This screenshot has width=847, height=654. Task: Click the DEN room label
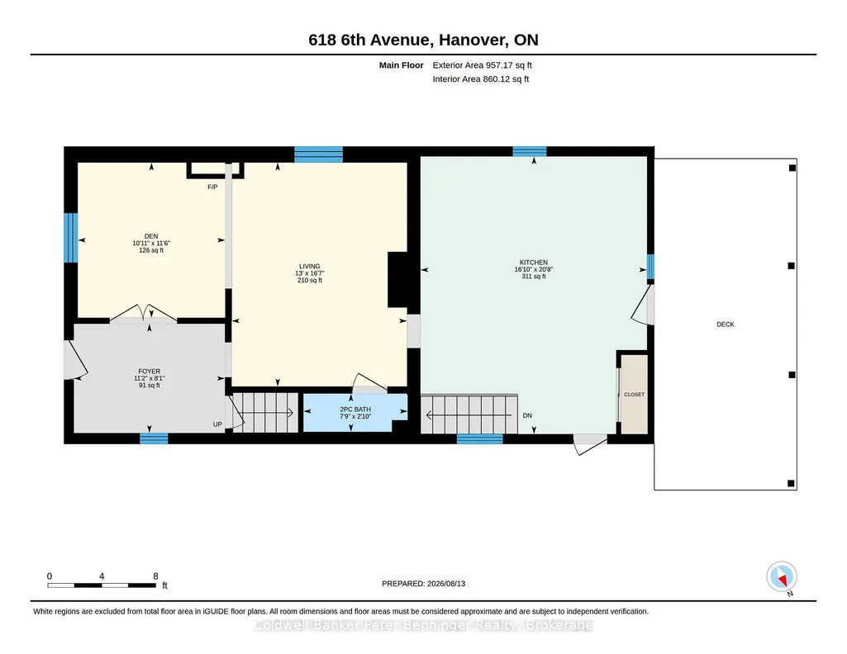151,236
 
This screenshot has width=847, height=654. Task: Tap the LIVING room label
310,267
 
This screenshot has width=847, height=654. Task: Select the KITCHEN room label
534,263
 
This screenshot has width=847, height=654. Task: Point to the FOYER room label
149,372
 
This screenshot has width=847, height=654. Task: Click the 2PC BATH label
355,410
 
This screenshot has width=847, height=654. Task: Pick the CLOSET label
634,395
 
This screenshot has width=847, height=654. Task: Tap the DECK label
726,325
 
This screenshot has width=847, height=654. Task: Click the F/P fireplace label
213,187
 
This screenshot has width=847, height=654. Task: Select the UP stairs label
217,424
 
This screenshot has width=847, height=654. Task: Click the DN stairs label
527,415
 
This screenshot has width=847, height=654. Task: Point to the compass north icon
782,577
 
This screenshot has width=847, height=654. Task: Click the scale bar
102,585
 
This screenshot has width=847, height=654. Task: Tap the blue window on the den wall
71,238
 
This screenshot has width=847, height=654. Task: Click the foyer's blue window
154,438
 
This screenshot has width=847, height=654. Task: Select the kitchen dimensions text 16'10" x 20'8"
534,269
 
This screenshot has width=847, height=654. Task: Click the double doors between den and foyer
144,314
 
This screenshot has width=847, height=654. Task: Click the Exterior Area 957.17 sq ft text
483,65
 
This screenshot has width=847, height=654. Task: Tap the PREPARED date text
423,583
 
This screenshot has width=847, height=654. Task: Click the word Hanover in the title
473,40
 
